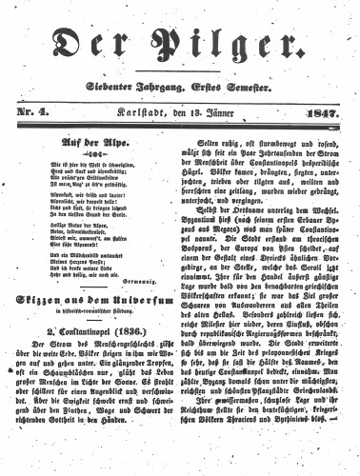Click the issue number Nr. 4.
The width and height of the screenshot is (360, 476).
(x=32, y=114)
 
